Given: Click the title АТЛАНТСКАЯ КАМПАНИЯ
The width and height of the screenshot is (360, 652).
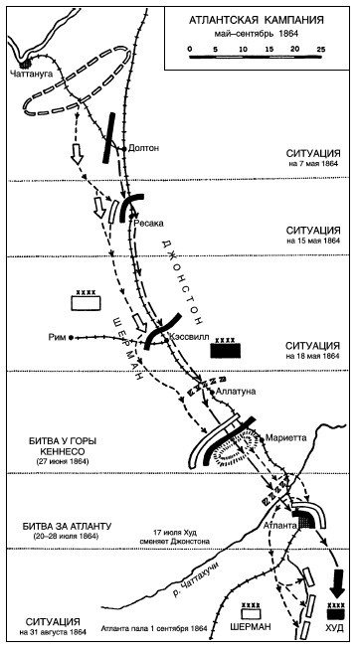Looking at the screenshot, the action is click(257, 20).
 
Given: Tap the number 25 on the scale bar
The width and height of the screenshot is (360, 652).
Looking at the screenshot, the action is click(321, 49).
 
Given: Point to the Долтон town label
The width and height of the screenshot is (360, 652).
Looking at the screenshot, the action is click(143, 148).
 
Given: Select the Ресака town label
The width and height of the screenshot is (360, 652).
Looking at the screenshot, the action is click(148, 224).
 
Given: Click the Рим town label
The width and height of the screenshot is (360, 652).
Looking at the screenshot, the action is click(58, 338).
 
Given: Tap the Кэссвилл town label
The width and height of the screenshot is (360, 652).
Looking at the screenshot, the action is click(185, 339).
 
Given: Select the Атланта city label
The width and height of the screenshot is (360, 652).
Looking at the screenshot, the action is click(279, 525).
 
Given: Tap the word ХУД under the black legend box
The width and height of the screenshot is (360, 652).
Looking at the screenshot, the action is click(336, 627).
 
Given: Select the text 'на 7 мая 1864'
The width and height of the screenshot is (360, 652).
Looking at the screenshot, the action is click(319, 163).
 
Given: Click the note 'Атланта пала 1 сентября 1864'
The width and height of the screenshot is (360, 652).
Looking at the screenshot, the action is click(154, 628).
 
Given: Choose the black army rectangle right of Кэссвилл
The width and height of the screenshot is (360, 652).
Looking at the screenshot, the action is click(226, 350).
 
